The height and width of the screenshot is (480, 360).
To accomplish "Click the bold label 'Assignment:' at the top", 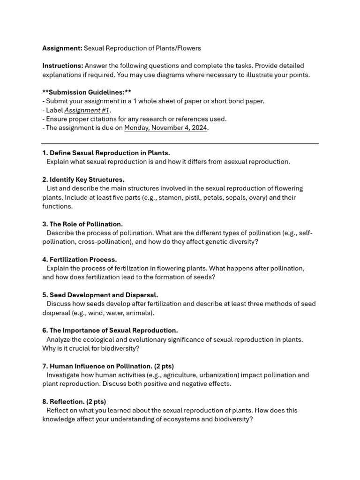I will pos(62,48).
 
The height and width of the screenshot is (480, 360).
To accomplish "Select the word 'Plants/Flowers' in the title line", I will pos(179,48).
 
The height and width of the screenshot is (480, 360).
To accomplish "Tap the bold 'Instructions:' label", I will pos(63,66).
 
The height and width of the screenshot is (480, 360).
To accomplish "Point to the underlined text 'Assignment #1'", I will pos(87,110).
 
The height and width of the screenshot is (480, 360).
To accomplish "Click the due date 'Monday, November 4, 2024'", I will pos(165,127).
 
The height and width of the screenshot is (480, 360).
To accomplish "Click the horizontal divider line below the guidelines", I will pos(180,144).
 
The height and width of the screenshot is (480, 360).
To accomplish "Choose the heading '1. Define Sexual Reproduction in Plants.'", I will pos(106,153).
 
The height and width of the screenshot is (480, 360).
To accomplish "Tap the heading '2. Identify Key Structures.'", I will pos(83,180).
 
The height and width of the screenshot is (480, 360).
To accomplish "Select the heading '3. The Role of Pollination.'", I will pos(82,224).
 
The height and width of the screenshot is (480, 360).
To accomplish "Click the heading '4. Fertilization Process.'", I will pos(80,260).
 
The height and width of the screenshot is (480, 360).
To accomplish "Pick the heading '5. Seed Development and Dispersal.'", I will pos(100,295).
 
